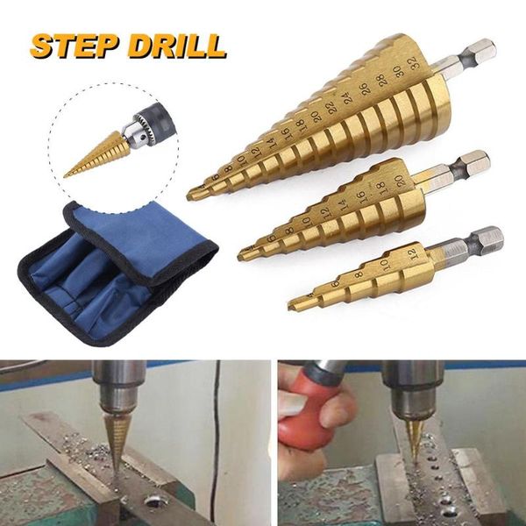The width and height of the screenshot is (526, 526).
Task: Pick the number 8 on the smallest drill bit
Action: pyautogui.click(x=358, y=274)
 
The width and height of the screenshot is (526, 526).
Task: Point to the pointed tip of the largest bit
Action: pyautogui.click(x=192, y=194)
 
